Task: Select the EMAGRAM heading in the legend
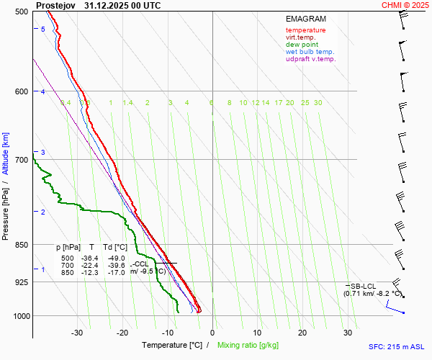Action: click(x=305, y=19)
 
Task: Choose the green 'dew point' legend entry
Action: click(x=303, y=45)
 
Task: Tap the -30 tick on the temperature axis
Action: click(x=77, y=333)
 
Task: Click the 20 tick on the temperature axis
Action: click(x=302, y=333)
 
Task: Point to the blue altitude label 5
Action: click(x=42, y=29)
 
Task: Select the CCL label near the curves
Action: click(x=141, y=264)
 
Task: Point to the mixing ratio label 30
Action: click(x=318, y=103)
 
